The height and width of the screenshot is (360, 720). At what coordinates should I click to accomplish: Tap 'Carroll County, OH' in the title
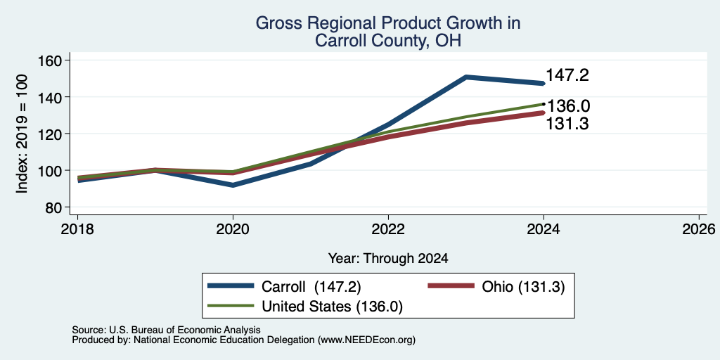tap(388, 41)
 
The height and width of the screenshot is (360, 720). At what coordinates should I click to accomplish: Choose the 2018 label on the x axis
tap(77, 229)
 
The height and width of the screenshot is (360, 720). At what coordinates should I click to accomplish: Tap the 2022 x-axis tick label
tap(388, 229)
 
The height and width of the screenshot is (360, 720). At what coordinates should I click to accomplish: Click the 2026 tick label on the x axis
tap(699, 229)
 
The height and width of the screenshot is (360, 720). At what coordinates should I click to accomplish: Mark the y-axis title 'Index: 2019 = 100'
tap(22, 134)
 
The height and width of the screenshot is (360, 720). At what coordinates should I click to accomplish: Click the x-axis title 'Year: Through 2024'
tap(388, 258)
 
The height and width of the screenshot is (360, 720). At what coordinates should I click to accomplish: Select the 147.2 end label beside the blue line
tap(567, 75)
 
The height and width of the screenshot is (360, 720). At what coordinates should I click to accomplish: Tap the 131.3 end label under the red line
tap(567, 124)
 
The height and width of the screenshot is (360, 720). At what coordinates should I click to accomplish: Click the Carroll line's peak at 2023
tap(466, 77)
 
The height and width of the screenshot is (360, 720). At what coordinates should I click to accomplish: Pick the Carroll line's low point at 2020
tap(233, 185)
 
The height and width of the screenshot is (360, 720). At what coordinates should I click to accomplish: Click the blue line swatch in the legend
tap(231, 286)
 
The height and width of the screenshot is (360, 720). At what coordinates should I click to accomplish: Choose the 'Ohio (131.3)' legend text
tap(523, 287)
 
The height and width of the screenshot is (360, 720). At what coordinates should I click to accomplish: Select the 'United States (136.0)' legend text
tap(332, 307)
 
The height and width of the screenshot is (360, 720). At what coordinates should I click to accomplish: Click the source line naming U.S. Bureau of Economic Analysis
tap(166, 330)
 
